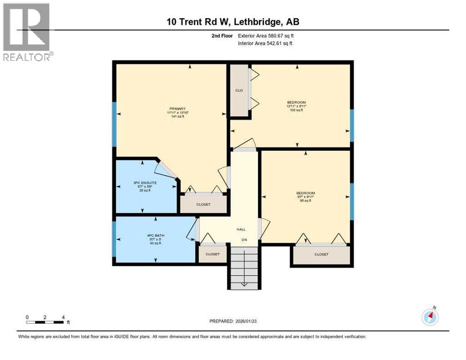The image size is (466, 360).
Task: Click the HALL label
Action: pyautogui.click(x=241, y=229)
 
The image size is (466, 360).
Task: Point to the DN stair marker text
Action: pyautogui.click(x=244, y=240)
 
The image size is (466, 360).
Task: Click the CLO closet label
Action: pyautogui.click(x=239, y=90)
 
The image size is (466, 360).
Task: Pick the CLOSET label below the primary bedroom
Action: pyautogui.click(x=203, y=204)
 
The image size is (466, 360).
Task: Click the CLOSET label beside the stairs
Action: pyautogui.click(x=212, y=254)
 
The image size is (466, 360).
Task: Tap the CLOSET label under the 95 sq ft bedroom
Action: pyautogui.click(x=321, y=254)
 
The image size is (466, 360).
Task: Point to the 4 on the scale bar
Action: pyautogui.click(x=63, y=317)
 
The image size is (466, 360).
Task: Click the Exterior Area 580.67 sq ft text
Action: pyautogui.click(x=266, y=36)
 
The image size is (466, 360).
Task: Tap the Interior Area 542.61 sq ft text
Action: pyautogui.click(x=265, y=44)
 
